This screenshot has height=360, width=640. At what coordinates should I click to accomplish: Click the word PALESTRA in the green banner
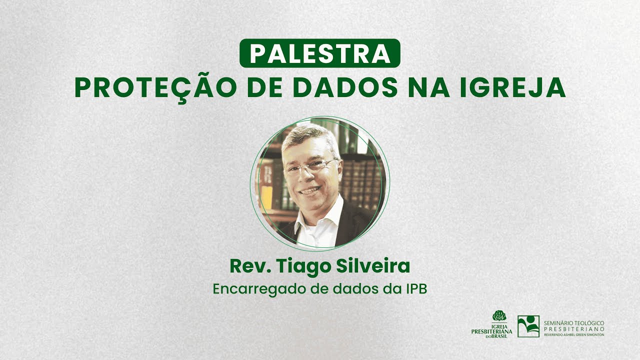point(320,53)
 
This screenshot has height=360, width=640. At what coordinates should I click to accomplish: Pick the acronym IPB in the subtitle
point(414,289)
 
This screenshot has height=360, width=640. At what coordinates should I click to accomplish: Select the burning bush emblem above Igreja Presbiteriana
point(499,316)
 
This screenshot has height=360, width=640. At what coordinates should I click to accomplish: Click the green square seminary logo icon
point(528,326)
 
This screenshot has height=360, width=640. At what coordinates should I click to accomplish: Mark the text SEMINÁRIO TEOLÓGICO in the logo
point(574,323)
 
